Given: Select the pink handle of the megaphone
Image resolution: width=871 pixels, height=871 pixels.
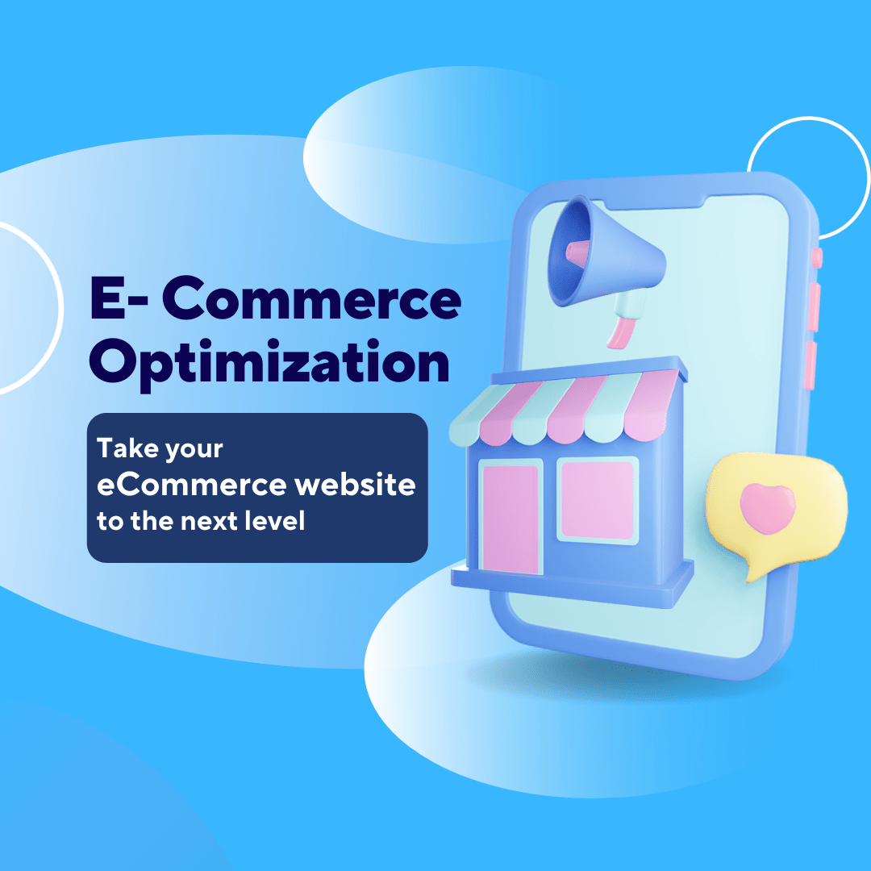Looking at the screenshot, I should (622, 331).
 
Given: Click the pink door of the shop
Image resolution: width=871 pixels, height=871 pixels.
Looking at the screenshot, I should (510, 516).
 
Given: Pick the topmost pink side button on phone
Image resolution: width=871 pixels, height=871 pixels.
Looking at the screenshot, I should (816, 257).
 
